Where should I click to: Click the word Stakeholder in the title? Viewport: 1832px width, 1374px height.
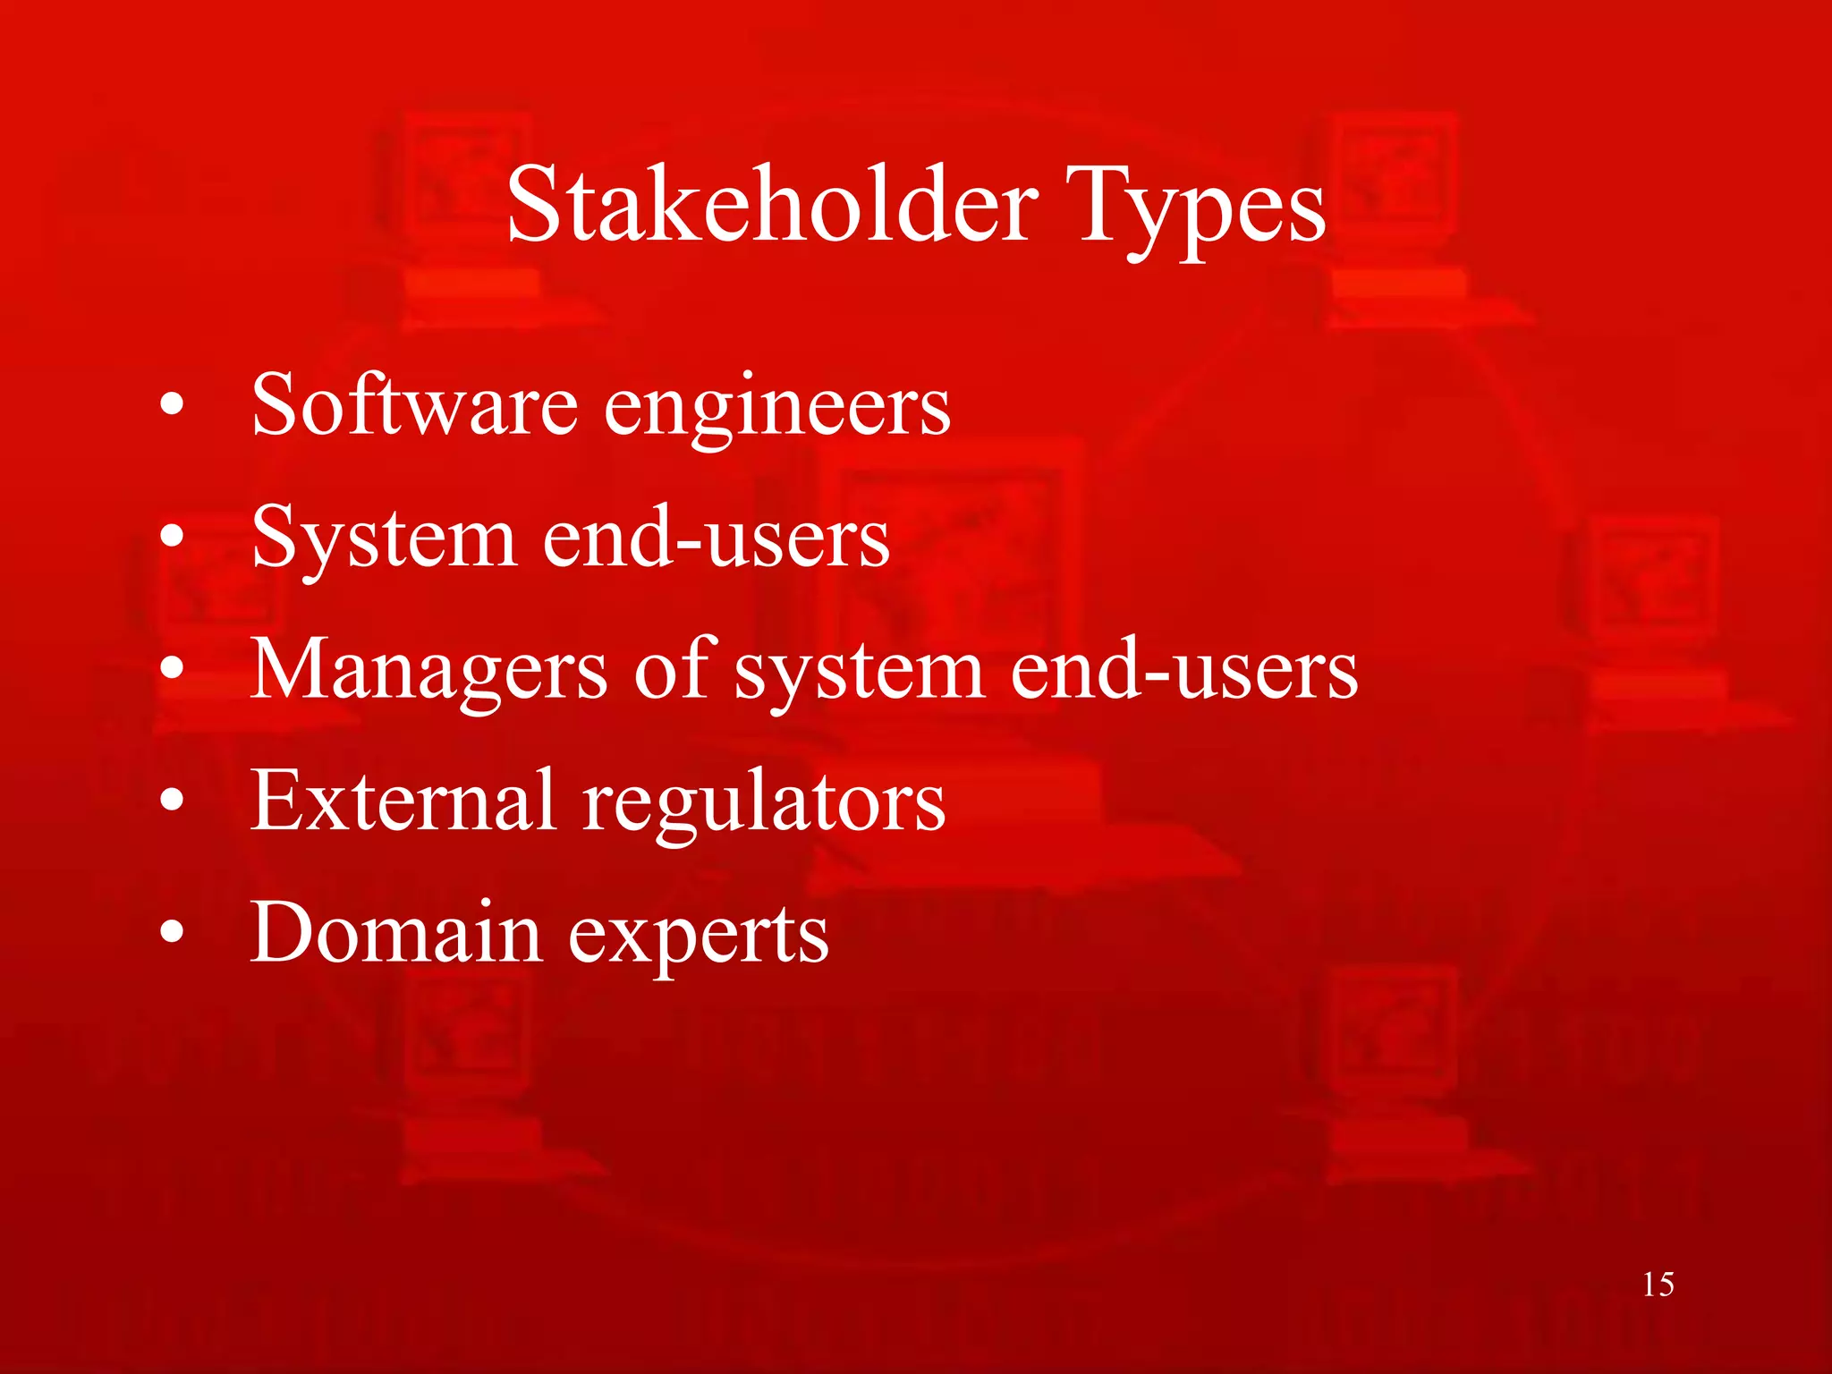pyautogui.click(x=772, y=206)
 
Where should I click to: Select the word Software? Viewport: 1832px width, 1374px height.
pyautogui.click(x=414, y=404)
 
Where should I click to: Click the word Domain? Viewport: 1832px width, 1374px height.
pyautogui.click(x=396, y=933)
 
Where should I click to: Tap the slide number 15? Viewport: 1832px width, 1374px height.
pyautogui.click(x=1658, y=1285)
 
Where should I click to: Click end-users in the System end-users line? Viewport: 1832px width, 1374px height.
pyautogui.click(x=717, y=538)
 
